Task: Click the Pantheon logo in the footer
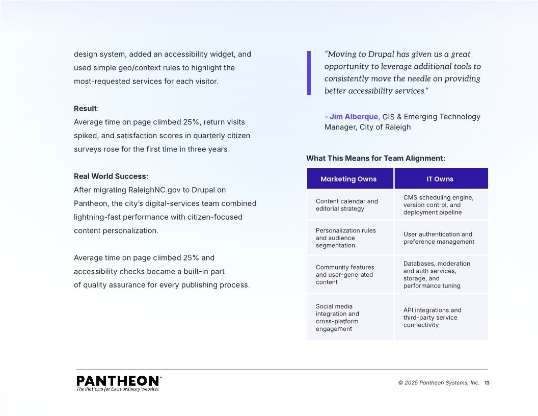coord(119,383)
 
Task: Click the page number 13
coord(487,383)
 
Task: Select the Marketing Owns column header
coord(348,179)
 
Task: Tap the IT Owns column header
coord(440,179)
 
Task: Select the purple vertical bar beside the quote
coord(309,72)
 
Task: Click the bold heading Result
coord(85,109)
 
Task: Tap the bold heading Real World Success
coord(110,176)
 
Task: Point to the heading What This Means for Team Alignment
coord(375,159)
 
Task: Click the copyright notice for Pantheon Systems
coord(439,383)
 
